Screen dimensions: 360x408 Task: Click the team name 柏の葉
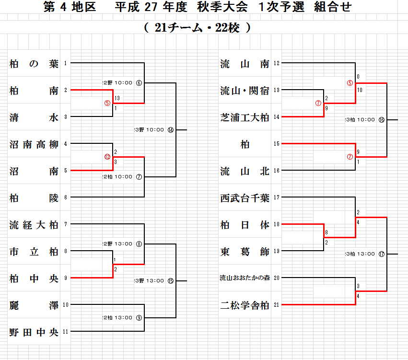point(34,63)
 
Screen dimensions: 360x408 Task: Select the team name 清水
point(34,117)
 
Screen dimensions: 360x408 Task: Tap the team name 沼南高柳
point(34,144)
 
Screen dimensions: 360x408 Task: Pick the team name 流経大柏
point(34,224)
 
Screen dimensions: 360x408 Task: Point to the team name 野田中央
point(34,332)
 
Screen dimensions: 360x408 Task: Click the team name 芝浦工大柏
point(245,117)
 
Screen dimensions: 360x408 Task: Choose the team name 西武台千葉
point(245,197)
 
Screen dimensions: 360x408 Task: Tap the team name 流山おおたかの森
point(245,278)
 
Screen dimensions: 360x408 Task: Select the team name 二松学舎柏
point(245,305)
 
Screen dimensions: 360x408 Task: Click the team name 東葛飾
point(245,251)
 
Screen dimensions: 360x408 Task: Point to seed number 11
point(66,331)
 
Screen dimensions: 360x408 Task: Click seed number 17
point(277,197)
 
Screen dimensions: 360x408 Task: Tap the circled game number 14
point(171,130)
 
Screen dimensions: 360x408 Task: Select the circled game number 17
point(381,254)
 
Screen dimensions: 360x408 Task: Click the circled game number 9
point(139,317)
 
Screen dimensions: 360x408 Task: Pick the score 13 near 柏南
point(117,98)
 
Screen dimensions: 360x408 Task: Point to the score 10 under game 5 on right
point(360,90)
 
